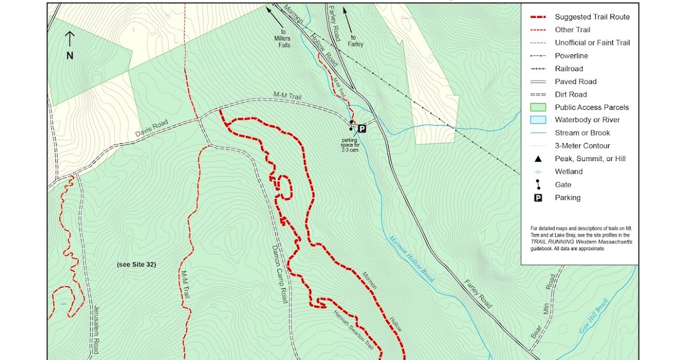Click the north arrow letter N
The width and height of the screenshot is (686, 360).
70,55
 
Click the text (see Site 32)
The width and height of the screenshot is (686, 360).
136,265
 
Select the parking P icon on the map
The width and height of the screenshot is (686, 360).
361,129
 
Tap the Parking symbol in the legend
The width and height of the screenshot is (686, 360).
538,198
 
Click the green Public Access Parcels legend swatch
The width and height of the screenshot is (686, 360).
538,107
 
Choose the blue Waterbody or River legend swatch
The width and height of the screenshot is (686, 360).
538,120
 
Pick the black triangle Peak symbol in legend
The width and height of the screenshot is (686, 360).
538,159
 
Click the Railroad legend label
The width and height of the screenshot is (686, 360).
569,69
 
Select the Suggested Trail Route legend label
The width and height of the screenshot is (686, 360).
592,17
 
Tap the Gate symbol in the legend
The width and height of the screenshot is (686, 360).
538,185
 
